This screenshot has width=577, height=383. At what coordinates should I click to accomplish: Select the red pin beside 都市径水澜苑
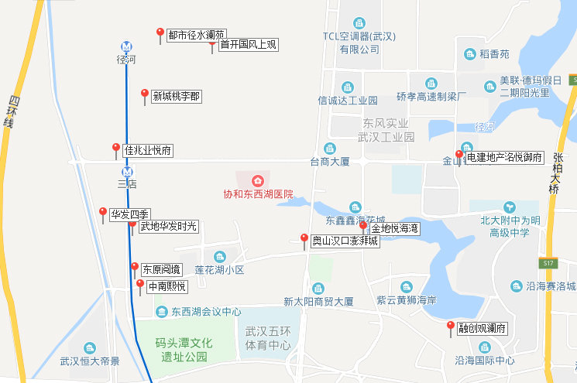(x=160, y=34)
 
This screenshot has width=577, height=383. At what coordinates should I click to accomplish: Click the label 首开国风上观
(x=248, y=45)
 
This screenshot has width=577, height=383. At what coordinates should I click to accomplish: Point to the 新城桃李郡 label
(x=176, y=97)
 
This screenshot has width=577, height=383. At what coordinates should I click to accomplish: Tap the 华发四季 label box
(x=130, y=214)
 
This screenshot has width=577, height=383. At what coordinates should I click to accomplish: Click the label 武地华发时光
(x=168, y=227)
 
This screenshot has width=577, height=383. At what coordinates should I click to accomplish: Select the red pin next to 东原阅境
(x=135, y=268)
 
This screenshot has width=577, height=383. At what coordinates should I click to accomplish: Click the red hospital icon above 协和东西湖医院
(x=258, y=180)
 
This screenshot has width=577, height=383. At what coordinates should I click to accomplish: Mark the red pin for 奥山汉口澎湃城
(x=304, y=240)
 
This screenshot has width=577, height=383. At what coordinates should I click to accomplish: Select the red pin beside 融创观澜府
(x=451, y=327)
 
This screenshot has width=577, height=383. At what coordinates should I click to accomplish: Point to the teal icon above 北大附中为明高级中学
(x=509, y=207)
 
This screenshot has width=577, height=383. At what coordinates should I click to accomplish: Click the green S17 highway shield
(x=550, y=264)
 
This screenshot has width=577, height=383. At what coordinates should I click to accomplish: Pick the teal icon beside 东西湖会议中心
(x=161, y=312)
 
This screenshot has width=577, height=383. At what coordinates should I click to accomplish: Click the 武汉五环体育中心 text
(x=268, y=338)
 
